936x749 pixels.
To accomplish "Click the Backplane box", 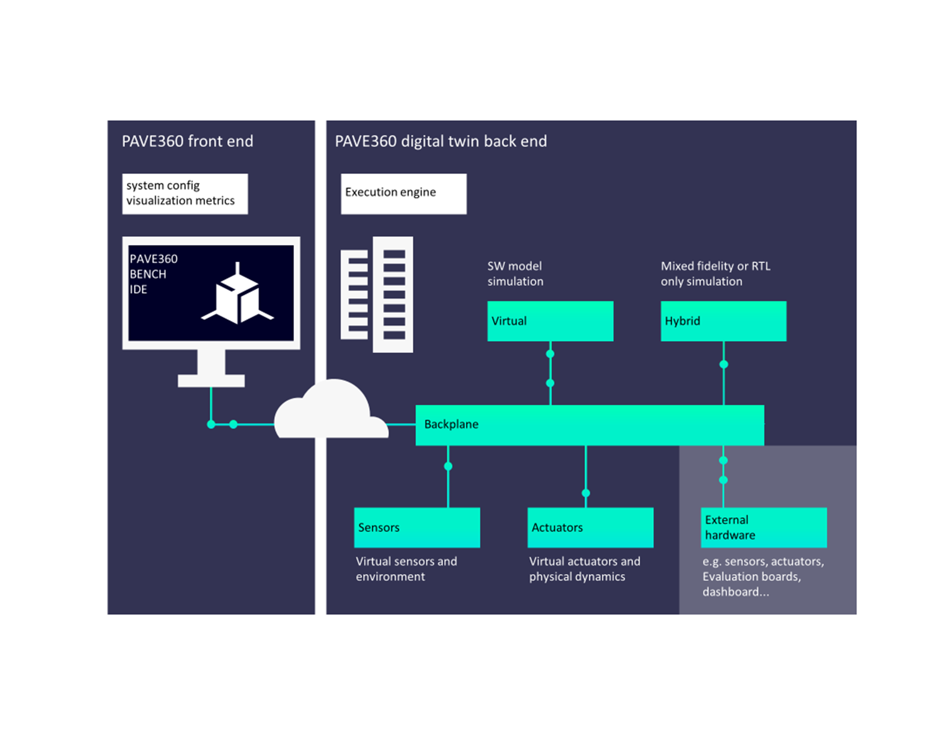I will [590, 425].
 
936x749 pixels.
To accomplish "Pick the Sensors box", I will [417, 527].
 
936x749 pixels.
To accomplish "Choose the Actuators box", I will [590, 527].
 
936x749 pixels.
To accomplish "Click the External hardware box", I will [764, 527].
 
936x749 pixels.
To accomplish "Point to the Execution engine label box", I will [403, 194].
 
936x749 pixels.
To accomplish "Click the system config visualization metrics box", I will [185, 194].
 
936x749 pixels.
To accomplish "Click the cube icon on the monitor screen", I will [237, 297].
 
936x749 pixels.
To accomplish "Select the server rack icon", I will [377, 294].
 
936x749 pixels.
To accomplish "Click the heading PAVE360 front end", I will [187, 141].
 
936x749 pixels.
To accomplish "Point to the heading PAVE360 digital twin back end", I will [441, 141].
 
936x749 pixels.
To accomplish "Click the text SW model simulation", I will [515, 274].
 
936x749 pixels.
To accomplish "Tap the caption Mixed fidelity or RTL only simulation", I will [715, 274].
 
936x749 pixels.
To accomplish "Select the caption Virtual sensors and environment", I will [406, 569].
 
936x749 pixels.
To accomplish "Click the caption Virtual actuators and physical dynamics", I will [584, 569].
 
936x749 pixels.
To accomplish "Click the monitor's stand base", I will [211, 381].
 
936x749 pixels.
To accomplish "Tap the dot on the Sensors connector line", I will [448, 466].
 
